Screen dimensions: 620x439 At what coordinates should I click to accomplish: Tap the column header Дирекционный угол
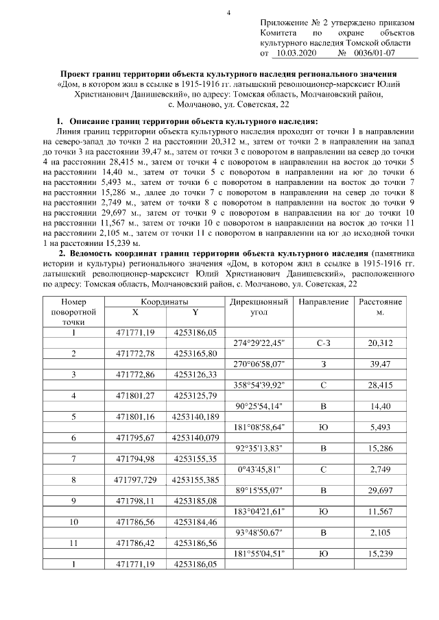pos(259,307)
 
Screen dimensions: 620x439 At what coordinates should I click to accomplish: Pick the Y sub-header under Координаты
pos(195,312)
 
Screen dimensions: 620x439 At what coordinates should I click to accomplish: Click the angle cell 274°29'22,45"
pos(259,343)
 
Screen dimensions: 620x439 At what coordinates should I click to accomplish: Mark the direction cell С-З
pos(323,343)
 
